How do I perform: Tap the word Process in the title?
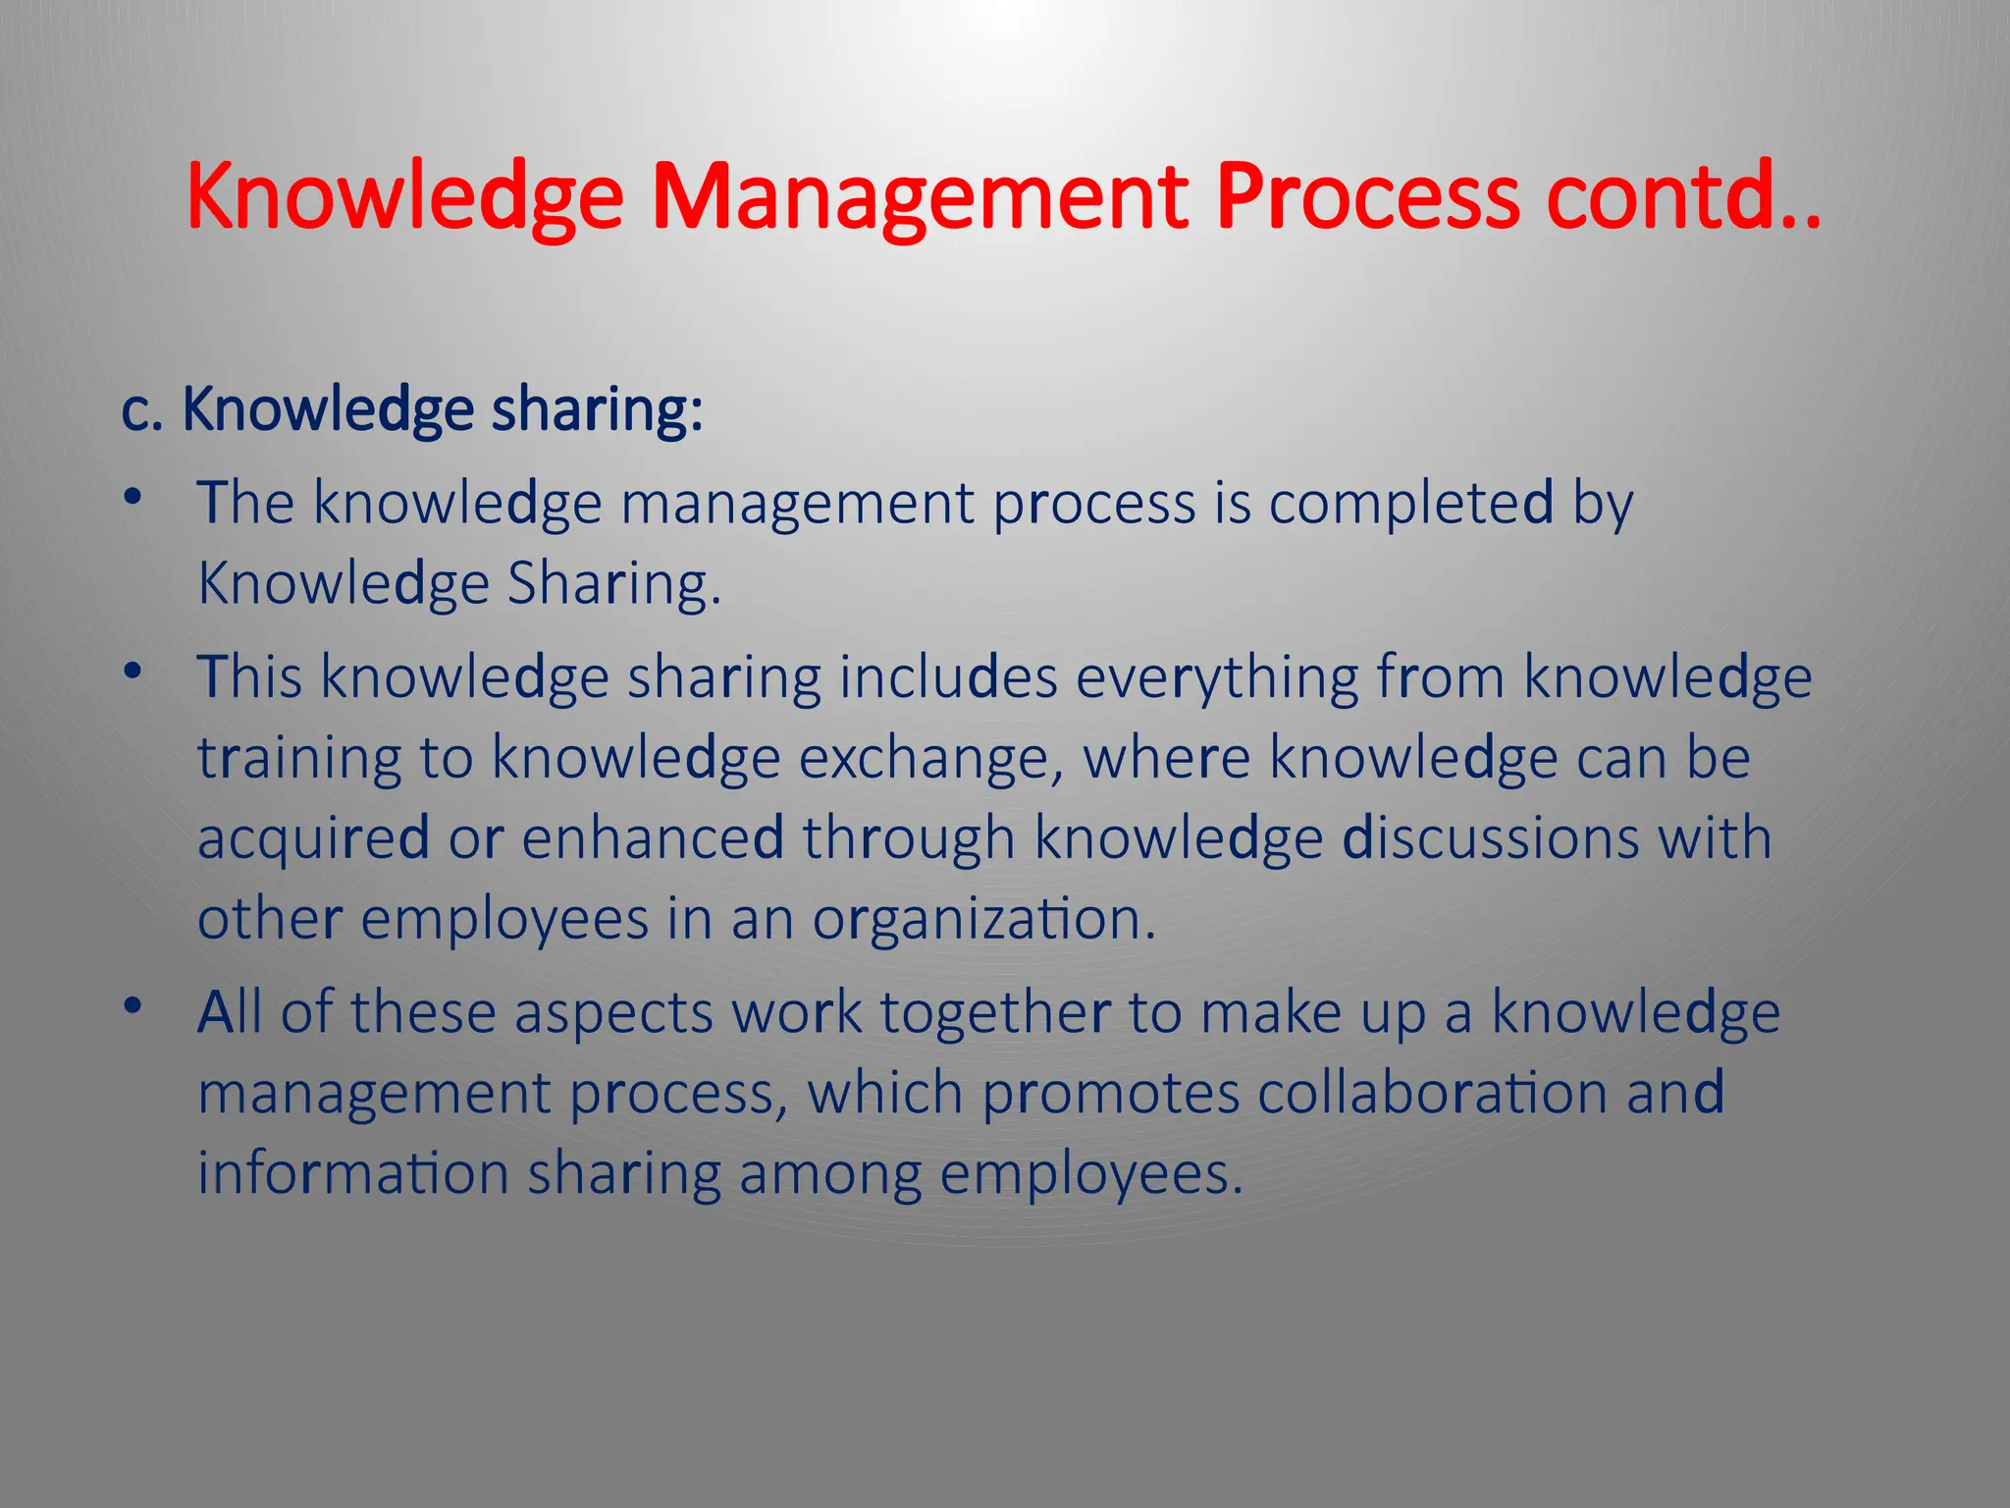(1366, 197)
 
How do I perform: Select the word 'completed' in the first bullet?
(1411, 504)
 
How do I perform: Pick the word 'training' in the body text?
(299, 759)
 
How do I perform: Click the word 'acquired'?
(313, 839)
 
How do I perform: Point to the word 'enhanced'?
(653, 839)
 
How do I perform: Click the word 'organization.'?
(984, 920)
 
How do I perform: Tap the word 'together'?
(995, 1013)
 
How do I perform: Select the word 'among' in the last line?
(830, 1174)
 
